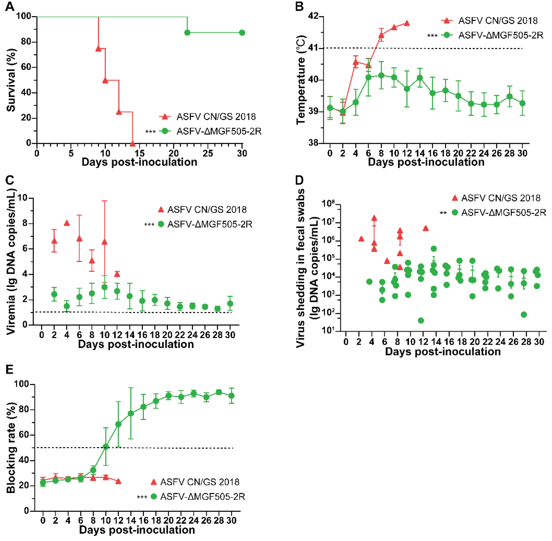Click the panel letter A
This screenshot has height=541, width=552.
[x=10, y=6]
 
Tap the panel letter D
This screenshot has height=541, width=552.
[x=300, y=180]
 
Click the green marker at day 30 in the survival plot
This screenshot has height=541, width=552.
[x=242, y=33]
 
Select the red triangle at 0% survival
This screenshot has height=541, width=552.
[x=132, y=144]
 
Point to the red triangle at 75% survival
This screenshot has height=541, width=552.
[x=98, y=49]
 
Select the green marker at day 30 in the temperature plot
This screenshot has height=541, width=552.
[x=522, y=103]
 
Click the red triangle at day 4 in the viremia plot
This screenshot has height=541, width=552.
[x=67, y=223]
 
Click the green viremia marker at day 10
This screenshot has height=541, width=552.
[x=105, y=287]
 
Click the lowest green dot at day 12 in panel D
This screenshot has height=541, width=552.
[x=421, y=320]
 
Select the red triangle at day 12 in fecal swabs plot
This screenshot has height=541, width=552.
[x=425, y=228]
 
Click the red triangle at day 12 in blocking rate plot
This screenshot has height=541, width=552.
[x=118, y=481]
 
